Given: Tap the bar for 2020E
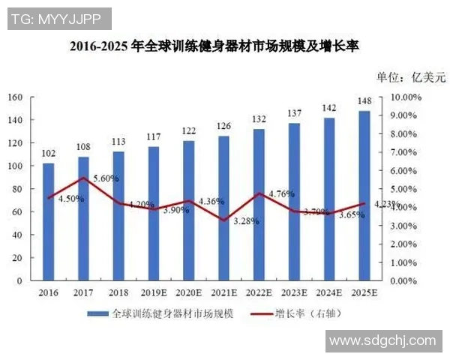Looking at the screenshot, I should pyautogui.click(x=189, y=210).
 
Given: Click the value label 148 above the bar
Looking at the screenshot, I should pyautogui.click(x=364, y=101).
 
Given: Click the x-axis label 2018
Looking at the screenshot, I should pyautogui.click(x=118, y=292).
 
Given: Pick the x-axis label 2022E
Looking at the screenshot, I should pyautogui.click(x=259, y=292).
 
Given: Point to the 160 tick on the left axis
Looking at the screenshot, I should pyautogui.click(x=15, y=97).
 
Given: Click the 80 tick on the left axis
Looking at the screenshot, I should pyautogui.click(x=17, y=189).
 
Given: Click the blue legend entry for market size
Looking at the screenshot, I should pyautogui.click(x=160, y=313).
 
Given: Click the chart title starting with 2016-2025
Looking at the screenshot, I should pyautogui.click(x=214, y=46).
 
